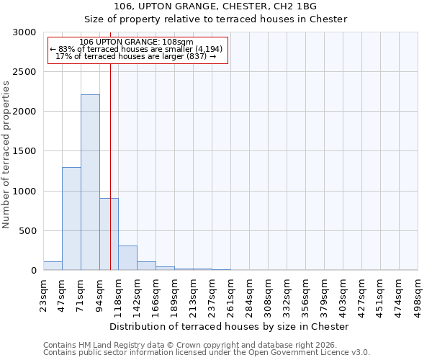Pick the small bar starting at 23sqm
point(53,266)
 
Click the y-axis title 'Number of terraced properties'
point(6,155)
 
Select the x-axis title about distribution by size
point(230,326)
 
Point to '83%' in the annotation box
point(67,49)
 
